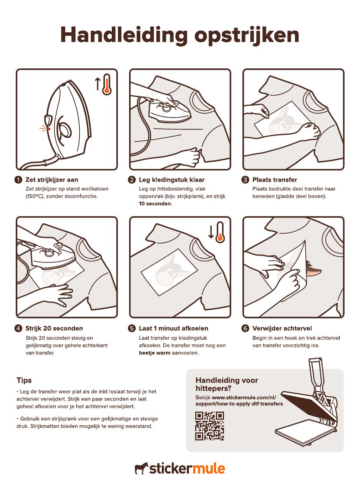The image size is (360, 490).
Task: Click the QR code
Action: (x=209, y=426)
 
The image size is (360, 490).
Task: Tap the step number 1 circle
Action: (x=18, y=180)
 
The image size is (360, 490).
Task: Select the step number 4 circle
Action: (x=18, y=328)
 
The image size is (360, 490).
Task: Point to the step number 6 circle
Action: (x=245, y=328)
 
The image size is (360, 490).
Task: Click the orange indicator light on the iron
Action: (x=48, y=129)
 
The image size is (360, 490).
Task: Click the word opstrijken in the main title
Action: (x=247, y=35)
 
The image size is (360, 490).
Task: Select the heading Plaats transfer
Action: (x=275, y=180)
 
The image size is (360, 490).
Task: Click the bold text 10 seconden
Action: (x=156, y=204)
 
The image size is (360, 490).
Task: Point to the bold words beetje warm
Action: (x=154, y=353)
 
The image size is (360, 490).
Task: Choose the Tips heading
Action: (x=24, y=380)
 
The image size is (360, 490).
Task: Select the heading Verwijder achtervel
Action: (x=282, y=328)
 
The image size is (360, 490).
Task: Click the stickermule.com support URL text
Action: (x=239, y=400)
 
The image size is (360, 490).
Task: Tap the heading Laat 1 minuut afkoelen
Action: (x=173, y=328)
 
